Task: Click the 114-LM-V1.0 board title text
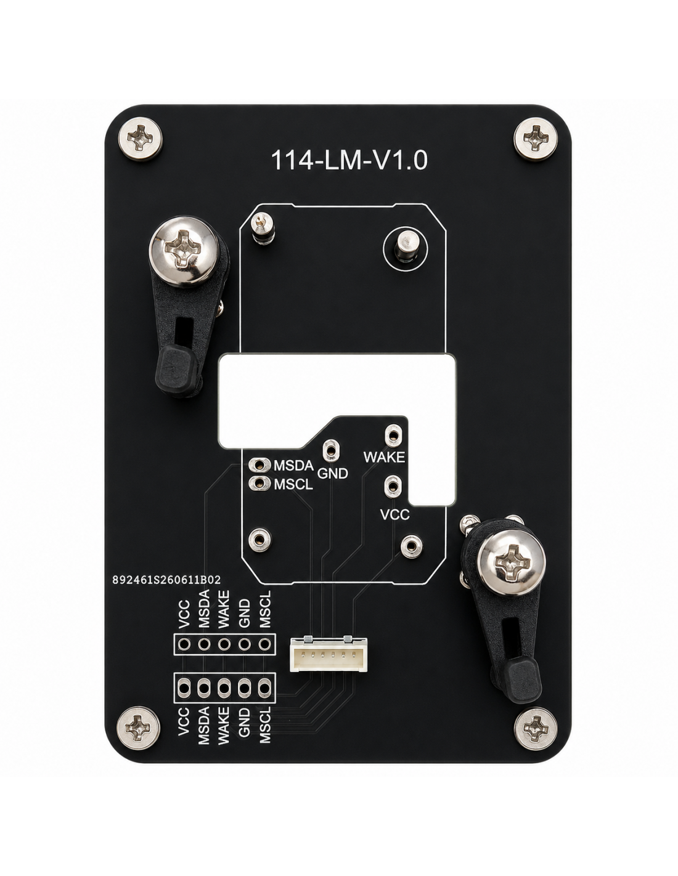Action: pos(349,160)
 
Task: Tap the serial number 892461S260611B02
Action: pos(166,580)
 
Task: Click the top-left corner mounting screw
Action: pos(141,139)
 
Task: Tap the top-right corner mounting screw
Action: pos(536,139)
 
